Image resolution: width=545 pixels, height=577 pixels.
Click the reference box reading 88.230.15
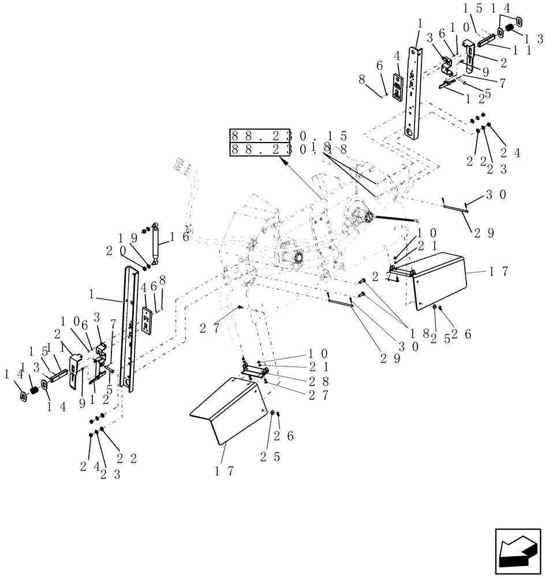click(288, 136)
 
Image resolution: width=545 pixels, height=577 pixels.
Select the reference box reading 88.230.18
click(288, 149)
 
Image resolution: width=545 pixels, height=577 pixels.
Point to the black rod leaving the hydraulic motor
click(395, 219)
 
